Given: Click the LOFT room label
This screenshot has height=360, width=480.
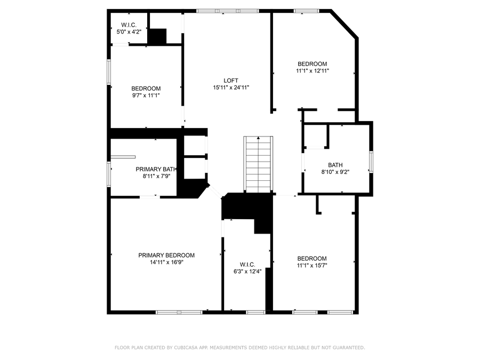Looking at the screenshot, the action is (x=231, y=81).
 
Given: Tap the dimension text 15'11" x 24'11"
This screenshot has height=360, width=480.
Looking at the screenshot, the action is (x=231, y=87).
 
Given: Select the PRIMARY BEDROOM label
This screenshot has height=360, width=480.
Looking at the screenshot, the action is (x=166, y=255).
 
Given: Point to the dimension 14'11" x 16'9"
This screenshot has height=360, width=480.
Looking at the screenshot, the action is (x=166, y=262).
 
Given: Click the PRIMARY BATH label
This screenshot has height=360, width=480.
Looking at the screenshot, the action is (x=156, y=169).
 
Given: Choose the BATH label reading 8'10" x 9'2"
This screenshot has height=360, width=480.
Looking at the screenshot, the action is (x=335, y=165).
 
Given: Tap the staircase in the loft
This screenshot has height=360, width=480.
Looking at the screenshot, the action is (x=258, y=164).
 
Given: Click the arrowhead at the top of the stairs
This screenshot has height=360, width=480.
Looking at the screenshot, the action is (x=258, y=138).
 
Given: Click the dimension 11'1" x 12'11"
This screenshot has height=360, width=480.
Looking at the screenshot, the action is (x=312, y=71).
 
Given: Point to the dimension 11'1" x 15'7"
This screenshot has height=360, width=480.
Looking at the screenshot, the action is (x=312, y=266).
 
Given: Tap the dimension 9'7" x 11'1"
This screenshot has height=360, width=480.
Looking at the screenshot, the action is (x=146, y=95).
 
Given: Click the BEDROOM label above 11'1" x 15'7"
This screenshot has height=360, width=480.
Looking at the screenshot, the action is (x=312, y=258).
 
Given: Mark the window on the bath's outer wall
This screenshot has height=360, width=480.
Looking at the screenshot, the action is (x=371, y=162).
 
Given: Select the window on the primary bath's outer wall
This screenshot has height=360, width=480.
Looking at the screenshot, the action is (x=109, y=174).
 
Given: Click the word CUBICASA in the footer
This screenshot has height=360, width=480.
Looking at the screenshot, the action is (x=185, y=347).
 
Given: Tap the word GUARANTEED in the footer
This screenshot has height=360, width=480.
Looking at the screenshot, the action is (x=349, y=347).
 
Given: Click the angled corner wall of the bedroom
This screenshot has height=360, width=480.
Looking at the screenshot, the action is (x=345, y=24).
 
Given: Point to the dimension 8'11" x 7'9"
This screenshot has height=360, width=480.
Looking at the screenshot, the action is (x=156, y=177).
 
